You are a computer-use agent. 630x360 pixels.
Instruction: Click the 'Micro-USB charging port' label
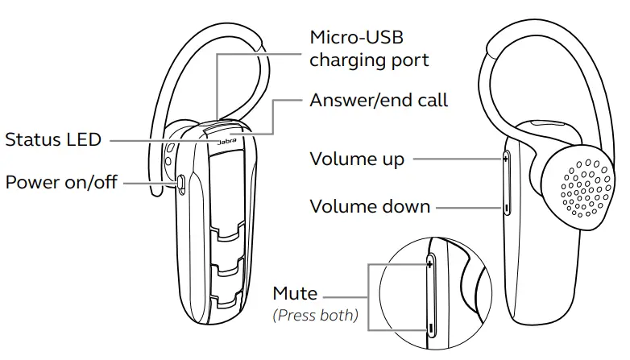(369, 48)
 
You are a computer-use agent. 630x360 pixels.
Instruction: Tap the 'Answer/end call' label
(379, 101)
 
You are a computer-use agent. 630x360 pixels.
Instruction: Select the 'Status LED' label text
(53, 139)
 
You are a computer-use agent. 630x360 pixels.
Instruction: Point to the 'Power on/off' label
(61, 182)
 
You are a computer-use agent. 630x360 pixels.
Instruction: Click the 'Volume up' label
(357, 159)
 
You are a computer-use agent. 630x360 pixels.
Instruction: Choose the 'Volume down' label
(370, 206)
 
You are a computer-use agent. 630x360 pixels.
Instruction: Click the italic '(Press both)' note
(315, 315)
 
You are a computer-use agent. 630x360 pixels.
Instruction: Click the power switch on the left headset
(182, 184)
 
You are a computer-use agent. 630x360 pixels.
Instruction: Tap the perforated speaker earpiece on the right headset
(582, 186)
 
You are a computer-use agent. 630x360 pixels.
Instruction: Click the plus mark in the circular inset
(430, 263)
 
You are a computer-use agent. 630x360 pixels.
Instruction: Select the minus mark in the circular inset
(432, 328)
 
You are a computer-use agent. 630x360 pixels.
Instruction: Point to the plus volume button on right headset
(505, 160)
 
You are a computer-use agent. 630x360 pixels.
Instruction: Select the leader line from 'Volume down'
(467, 208)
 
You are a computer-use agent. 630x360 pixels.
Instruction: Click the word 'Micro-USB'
(355, 37)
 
